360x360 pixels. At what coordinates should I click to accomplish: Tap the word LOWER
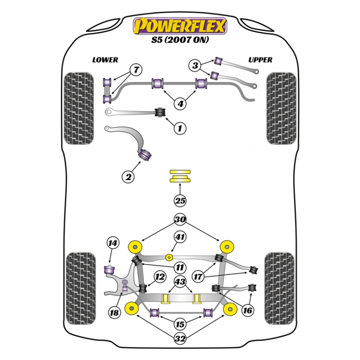pyautogui.click(x=105, y=60)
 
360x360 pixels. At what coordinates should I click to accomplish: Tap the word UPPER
pyautogui.click(x=260, y=60)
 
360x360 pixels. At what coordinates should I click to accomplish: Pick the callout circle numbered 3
pyautogui.click(x=195, y=65)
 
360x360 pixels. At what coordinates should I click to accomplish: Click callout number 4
pyautogui.click(x=180, y=104)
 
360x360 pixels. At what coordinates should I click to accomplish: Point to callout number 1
pyautogui.click(x=180, y=128)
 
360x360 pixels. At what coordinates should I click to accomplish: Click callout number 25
pyautogui.click(x=180, y=201)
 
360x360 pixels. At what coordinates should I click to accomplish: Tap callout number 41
pyautogui.click(x=180, y=238)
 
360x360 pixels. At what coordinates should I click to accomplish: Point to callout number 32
pyautogui.click(x=180, y=339)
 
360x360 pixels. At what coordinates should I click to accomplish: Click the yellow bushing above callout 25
pyautogui.click(x=180, y=176)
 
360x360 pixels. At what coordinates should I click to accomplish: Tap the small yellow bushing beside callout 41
pyautogui.click(x=169, y=256)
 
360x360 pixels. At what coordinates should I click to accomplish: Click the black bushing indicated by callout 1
pyautogui.click(x=160, y=111)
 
